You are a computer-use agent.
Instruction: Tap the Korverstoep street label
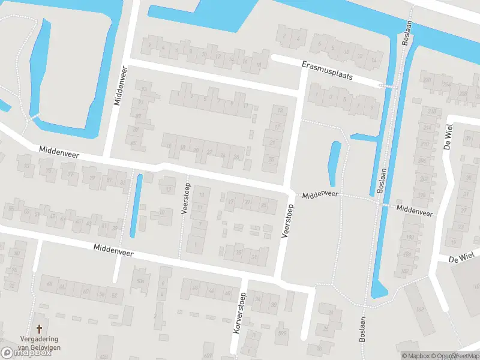click(238, 313)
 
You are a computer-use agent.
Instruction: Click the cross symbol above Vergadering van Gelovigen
click(40, 329)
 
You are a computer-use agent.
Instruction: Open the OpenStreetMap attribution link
click(454, 356)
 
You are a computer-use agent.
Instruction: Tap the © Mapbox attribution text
click(416, 356)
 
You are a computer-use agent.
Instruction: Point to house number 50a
click(140, 281)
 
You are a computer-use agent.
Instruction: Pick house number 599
click(282, 333)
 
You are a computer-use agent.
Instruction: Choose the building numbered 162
click(420, 310)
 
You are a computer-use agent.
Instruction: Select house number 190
click(421, 195)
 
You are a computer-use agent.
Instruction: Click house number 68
click(49, 284)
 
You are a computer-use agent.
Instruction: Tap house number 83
click(123, 182)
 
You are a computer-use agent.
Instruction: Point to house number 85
click(263, 205)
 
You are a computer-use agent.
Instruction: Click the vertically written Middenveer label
click(118, 86)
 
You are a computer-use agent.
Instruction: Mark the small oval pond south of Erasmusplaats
click(334, 164)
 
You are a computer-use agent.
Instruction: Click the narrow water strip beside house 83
click(136, 206)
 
